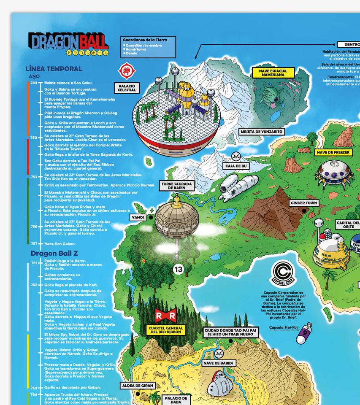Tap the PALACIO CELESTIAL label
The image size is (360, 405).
tap(127, 87)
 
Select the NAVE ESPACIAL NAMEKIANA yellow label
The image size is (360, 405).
tap(273, 73)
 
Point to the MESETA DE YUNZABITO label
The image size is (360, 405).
tap(262, 132)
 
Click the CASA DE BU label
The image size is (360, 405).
tap(235, 166)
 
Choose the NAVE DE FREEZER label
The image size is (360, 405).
tap(333, 152)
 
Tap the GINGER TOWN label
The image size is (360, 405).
tap(303, 203)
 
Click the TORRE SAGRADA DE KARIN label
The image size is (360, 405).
tap(176, 186)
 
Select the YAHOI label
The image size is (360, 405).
tap(138, 217)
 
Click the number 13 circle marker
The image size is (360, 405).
tap(178, 269)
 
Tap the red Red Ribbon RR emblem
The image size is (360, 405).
tap(165, 315)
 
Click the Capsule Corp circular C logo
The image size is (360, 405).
tap(282, 272)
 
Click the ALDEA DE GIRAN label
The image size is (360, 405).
tap(138, 385)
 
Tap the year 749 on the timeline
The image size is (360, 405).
tap(34, 83)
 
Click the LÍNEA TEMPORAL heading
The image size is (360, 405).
tap(54, 69)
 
